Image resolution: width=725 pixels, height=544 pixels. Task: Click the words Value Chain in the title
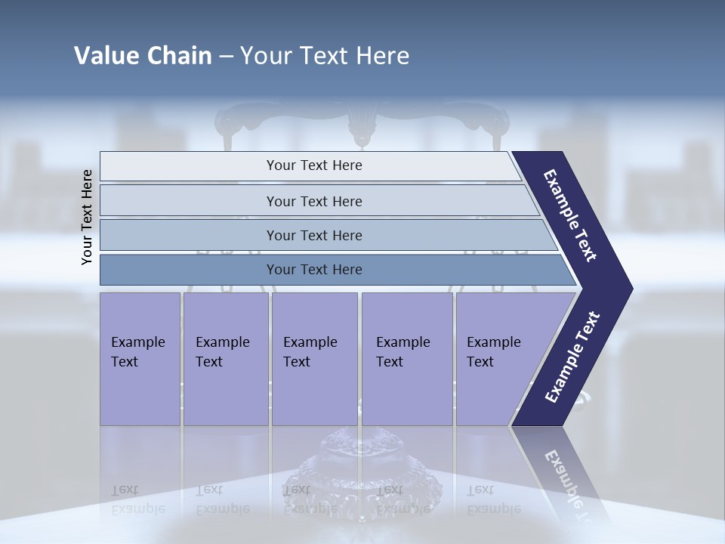click(x=143, y=56)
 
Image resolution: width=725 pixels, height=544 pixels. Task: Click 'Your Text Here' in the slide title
click(x=325, y=56)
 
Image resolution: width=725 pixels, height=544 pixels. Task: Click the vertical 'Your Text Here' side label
click(x=87, y=218)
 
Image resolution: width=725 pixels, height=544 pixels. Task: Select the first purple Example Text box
click(x=140, y=359)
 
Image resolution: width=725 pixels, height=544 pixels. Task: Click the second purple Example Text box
click(x=226, y=359)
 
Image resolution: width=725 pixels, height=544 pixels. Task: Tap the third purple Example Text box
click(x=314, y=359)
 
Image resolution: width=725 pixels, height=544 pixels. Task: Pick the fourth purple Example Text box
click(x=407, y=359)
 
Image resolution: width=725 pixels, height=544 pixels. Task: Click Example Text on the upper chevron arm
click(x=570, y=215)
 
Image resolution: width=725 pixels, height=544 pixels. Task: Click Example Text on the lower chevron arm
click(x=572, y=357)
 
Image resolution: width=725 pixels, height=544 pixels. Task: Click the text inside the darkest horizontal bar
click(x=314, y=270)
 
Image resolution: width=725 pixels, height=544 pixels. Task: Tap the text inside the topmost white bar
click(x=314, y=165)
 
